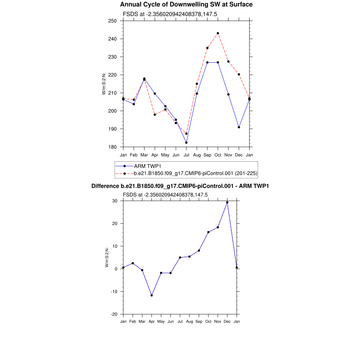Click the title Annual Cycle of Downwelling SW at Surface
pyautogui.click(x=186, y=5)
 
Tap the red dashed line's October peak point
pyautogui.click(x=218, y=33)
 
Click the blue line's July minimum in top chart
pyautogui.click(x=186, y=142)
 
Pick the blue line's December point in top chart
pyautogui.click(x=239, y=127)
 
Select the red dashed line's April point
pyautogui.click(x=155, y=115)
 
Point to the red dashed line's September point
pyautogui.click(x=207, y=48)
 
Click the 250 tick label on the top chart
pyautogui.click(x=112, y=21)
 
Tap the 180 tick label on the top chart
pyautogui.click(x=112, y=147)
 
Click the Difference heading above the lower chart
pyautogui.click(x=180, y=186)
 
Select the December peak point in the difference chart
pyautogui.click(x=227, y=202)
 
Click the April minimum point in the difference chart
pyautogui.click(x=152, y=295)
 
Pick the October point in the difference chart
pyautogui.click(x=208, y=232)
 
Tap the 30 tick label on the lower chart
pyautogui.click(x=114, y=201)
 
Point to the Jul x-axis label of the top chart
pyautogui.click(x=186, y=155)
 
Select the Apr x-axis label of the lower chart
pyautogui.click(x=152, y=321)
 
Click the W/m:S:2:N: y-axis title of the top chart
pyautogui.click(x=104, y=83)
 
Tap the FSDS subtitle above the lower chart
pyautogui.click(x=165, y=195)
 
